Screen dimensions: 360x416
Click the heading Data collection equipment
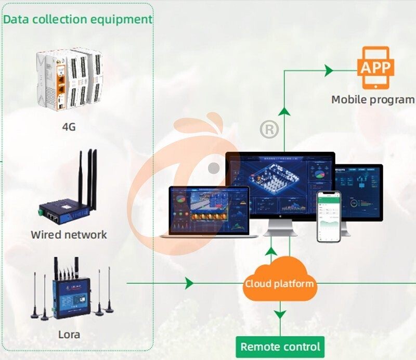[78, 19]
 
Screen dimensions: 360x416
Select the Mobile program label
[373, 99]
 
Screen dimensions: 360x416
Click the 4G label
[69, 126]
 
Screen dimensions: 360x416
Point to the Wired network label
[69, 235]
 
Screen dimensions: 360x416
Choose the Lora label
[69, 334]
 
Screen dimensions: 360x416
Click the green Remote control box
[280, 346]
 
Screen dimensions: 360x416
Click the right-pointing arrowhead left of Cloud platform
[189, 284]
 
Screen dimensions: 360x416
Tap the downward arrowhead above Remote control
[280, 314]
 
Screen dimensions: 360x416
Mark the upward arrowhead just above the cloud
[271, 252]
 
